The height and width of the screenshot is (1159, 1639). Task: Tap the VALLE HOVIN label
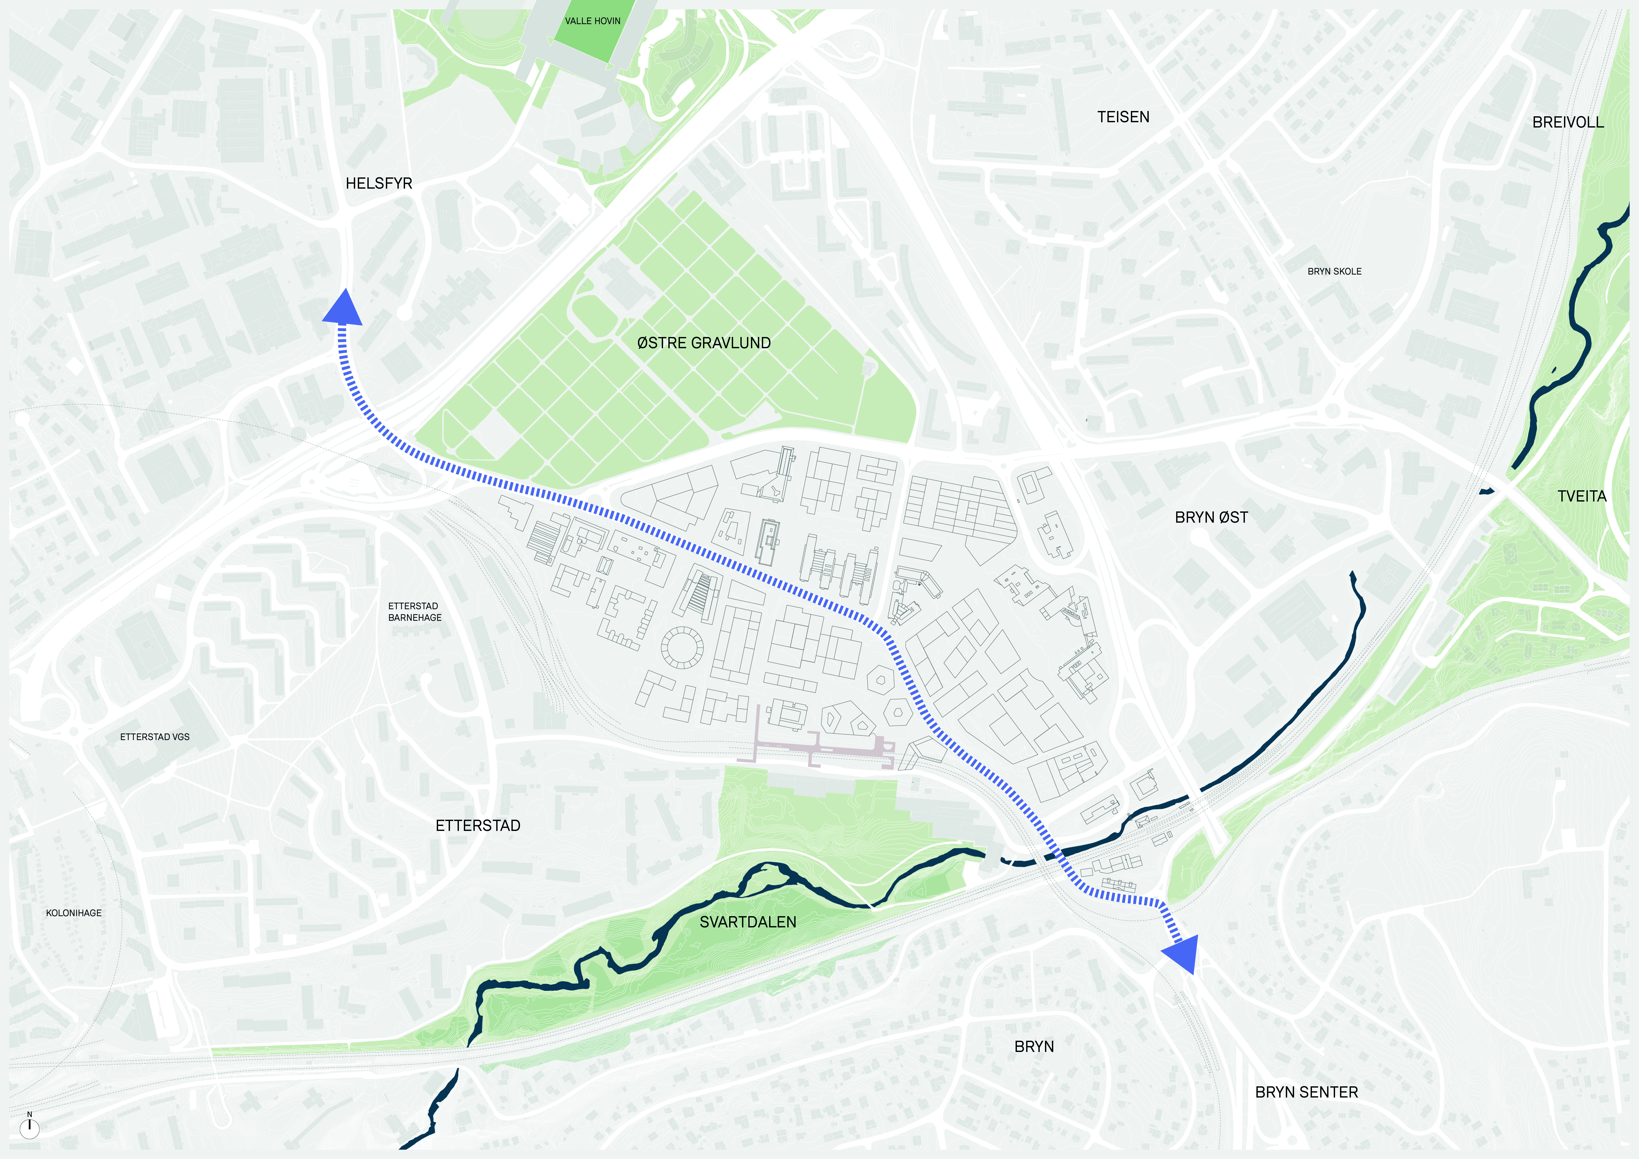592,21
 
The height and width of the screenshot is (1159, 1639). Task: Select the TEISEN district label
1123,117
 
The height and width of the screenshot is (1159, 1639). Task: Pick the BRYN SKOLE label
1334,271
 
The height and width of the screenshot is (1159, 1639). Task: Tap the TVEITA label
1581,496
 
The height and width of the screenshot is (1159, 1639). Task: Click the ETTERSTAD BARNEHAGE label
415,612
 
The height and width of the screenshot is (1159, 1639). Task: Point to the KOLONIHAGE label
74,913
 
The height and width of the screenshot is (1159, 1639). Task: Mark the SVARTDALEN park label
747,922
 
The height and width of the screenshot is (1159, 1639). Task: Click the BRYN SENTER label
1306,1092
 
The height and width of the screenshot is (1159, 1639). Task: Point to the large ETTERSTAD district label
478,826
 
